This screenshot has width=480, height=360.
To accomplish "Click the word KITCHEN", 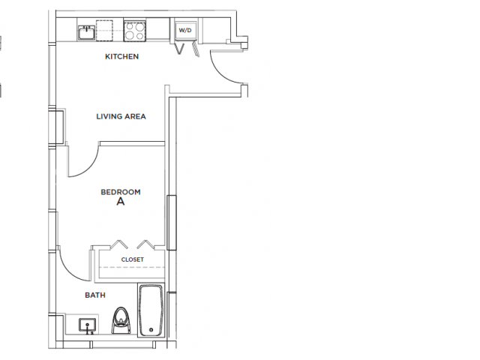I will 121,56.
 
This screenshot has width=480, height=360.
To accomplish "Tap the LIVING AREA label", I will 121,116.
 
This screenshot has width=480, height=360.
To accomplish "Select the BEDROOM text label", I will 121,192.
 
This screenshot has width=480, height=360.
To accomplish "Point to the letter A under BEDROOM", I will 120,202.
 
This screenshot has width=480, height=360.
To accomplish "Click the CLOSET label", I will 132,259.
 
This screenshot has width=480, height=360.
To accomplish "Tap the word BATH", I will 94,295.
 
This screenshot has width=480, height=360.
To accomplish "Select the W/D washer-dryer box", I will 184,31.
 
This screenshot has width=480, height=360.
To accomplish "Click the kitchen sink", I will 87,31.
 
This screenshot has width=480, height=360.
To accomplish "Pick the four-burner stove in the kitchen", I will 134,31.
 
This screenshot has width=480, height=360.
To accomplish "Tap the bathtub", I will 152,309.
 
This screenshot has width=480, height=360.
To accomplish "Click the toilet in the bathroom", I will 120,321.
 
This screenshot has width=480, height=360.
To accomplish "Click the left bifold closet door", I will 118,244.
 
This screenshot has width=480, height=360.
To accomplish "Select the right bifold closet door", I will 145,244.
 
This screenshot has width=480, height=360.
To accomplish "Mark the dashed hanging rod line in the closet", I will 132,267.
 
